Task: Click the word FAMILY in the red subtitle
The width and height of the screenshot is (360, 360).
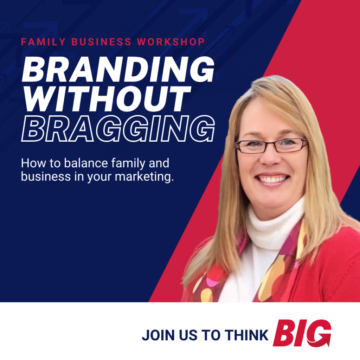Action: point(43,42)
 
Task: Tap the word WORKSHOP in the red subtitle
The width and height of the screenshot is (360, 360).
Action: point(171,42)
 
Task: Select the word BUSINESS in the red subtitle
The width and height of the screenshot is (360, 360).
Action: point(101,42)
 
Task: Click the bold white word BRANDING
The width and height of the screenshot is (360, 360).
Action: point(118,69)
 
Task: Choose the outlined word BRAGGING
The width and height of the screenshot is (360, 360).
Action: point(118,128)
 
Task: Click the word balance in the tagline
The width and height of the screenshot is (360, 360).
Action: point(86,163)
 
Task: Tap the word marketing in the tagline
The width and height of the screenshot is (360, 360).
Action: point(144,177)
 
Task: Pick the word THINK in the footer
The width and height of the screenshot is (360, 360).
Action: point(246,335)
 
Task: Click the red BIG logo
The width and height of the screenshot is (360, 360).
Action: point(302,333)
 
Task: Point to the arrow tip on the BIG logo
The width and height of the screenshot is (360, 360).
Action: point(329,345)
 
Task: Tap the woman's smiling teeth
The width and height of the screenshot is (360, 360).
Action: point(272,179)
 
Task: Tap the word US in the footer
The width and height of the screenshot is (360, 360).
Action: point(188,335)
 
